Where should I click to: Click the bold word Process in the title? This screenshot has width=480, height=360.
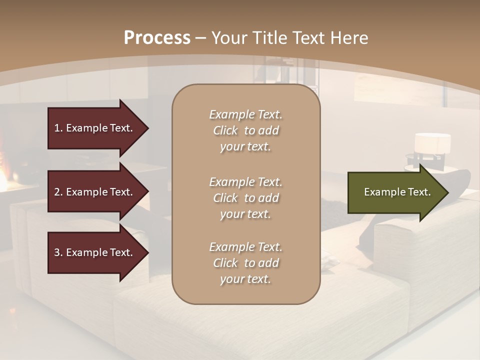pyautogui.click(x=157, y=38)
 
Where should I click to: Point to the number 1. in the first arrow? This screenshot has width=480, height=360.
pyautogui.click(x=58, y=128)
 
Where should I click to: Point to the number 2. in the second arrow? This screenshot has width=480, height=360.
pyautogui.click(x=58, y=192)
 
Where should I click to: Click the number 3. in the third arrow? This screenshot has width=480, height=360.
pyautogui.click(x=58, y=252)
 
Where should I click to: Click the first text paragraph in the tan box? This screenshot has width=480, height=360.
pyautogui.click(x=245, y=130)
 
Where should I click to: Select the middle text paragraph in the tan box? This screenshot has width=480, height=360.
pyautogui.click(x=245, y=197)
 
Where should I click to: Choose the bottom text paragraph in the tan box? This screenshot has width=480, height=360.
pyautogui.click(x=245, y=263)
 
